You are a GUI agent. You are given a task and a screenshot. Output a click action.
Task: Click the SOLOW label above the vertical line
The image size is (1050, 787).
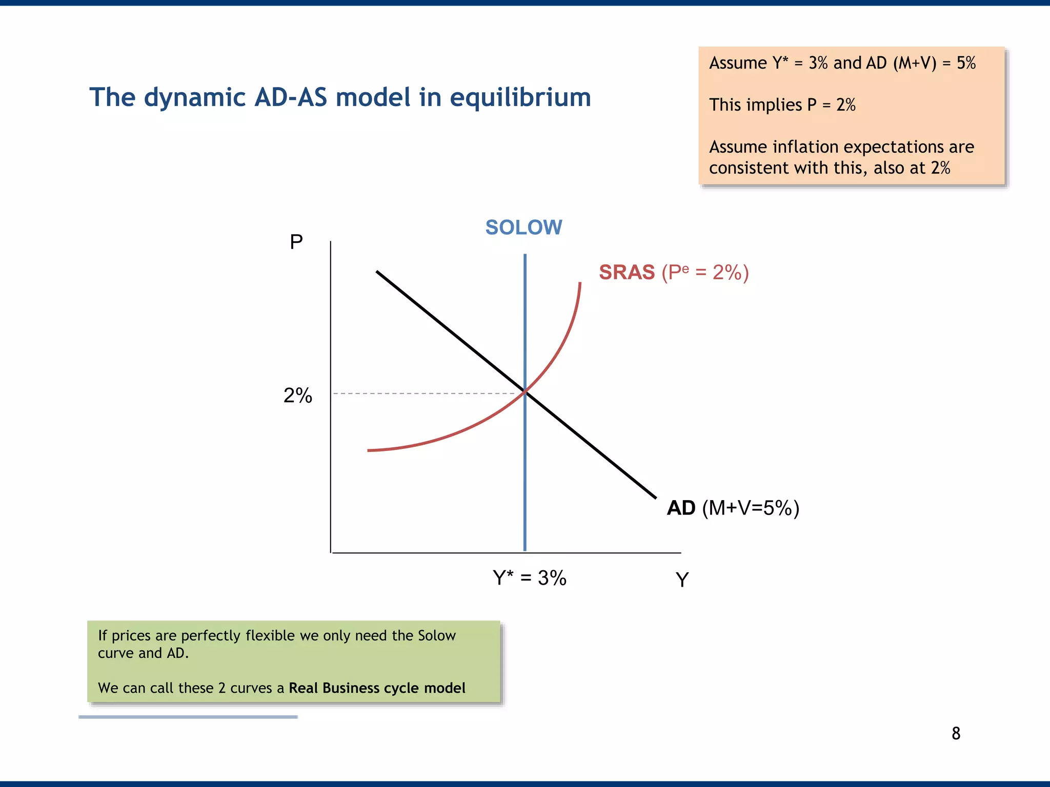523,227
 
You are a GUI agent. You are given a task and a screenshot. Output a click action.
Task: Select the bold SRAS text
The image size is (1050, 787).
627,272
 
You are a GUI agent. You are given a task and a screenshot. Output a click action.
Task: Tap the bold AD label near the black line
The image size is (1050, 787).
681,508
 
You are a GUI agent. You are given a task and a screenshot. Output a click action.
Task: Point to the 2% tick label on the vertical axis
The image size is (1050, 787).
297,396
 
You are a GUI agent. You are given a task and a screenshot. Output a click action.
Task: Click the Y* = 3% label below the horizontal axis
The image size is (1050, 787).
529,578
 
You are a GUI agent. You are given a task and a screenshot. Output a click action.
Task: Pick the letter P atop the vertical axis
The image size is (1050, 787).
296,242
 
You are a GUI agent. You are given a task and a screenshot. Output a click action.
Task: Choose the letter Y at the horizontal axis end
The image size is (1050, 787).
682,580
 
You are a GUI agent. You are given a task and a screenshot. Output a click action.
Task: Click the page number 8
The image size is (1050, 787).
956,734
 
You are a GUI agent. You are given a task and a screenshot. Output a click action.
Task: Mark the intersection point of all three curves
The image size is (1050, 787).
525,392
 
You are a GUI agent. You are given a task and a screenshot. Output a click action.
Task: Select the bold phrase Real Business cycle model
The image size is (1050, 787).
377,688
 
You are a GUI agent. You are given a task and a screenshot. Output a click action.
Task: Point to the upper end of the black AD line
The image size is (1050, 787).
378,272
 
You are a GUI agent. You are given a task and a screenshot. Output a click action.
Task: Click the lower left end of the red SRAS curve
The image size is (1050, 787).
369,450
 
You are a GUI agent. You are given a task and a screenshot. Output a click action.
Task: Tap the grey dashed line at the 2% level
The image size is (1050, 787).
426,393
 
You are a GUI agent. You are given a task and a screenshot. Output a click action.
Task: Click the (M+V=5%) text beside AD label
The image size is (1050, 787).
751,508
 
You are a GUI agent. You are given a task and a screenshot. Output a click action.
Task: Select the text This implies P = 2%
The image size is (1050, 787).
782,105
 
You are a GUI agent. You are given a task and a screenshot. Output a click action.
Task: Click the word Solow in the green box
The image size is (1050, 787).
436,635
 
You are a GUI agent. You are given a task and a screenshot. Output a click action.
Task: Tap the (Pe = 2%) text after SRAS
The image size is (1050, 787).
705,272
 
